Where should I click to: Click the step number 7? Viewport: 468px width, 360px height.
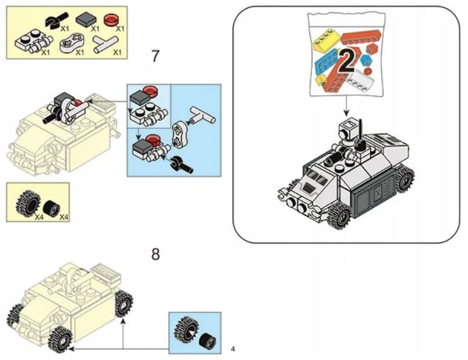coord(155,56)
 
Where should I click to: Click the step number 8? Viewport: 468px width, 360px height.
coord(155,254)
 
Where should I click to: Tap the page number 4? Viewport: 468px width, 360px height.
coord(233,348)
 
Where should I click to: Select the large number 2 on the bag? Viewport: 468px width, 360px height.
coord(346,61)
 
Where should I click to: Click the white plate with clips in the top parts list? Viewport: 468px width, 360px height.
coord(29,42)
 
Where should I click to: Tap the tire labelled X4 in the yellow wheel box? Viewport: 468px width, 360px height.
coord(26,203)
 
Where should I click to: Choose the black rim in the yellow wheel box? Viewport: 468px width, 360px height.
coord(52,206)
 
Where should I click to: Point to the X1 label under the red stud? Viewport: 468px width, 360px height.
coord(121,27)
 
